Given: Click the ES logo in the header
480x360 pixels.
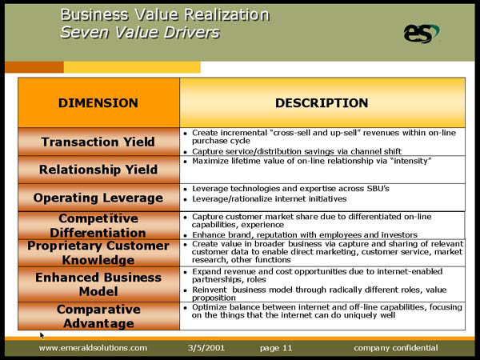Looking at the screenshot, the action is [x=422, y=34].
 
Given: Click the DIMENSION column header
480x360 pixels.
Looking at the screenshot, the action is [x=98, y=103].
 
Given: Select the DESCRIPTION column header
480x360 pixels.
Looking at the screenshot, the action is [x=322, y=103].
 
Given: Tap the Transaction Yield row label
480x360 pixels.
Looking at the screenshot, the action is [x=98, y=142].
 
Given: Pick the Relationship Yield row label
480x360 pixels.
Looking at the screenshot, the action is [x=98, y=170].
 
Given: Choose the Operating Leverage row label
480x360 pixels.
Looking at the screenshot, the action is [x=98, y=198].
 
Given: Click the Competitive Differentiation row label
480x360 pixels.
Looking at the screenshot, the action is [x=98, y=226].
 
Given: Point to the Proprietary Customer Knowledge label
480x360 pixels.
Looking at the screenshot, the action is [x=98, y=253].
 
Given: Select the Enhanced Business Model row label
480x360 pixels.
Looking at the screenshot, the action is [x=98, y=284].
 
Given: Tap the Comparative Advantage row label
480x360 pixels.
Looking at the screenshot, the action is [x=98, y=316].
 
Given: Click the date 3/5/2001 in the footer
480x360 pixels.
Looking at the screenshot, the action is [x=206, y=348].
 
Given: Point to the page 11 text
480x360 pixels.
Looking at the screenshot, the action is [x=276, y=348].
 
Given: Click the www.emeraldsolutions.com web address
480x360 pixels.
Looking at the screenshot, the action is [x=93, y=348].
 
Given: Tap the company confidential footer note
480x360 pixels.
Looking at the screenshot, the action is [x=396, y=348].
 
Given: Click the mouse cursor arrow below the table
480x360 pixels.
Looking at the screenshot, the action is [x=42, y=335].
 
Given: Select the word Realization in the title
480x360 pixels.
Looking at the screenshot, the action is [x=227, y=14].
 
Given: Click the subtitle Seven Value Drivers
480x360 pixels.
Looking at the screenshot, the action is [x=140, y=33].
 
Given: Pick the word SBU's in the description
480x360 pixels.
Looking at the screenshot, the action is [x=378, y=188].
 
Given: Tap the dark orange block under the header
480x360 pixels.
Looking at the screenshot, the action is [x=34, y=67].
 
